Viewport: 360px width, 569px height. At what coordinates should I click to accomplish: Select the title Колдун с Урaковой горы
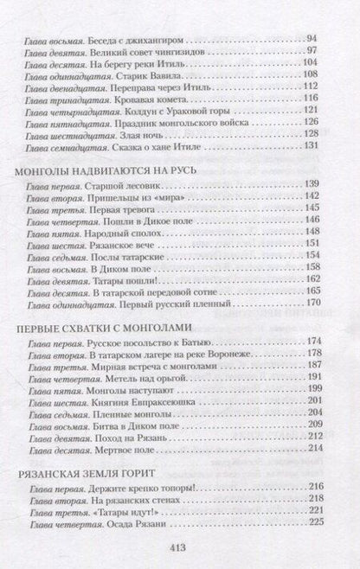(x=161, y=112)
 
